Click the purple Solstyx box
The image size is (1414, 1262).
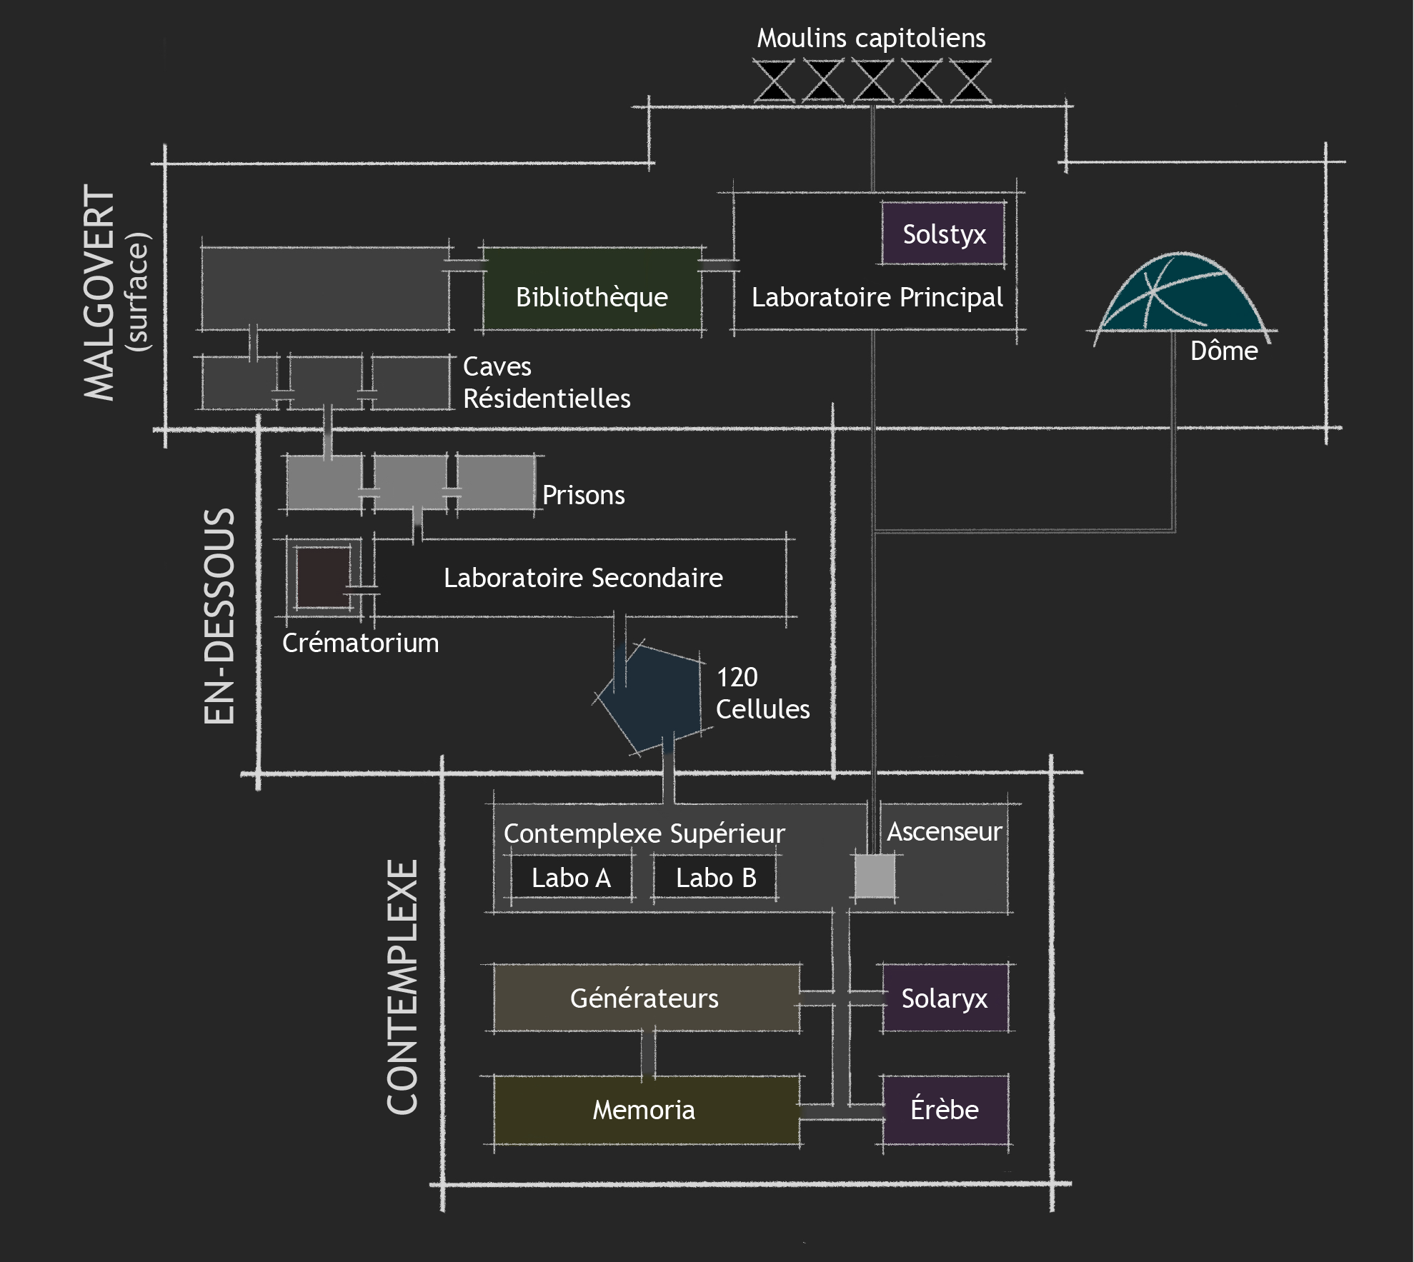pyautogui.click(x=943, y=234)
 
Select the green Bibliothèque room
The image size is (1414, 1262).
pyautogui.click(x=592, y=290)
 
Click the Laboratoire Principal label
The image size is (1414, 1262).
pyautogui.click(x=877, y=297)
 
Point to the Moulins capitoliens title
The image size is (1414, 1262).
pyautogui.click(x=871, y=38)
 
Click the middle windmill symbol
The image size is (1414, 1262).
pyautogui.click(x=872, y=81)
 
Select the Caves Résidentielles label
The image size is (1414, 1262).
pyautogui.click(x=547, y=383)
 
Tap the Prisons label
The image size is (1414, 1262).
pyautogui.click(x=583, y=495)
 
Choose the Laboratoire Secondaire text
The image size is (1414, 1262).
pyautogui.click(x=583, y=578)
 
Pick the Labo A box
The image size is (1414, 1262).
pyautogui.click(x=571, y=878)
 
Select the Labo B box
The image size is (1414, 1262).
pyautogui.click(x=715, y=878)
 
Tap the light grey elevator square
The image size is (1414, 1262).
pyautogui.click(x=875, y=876)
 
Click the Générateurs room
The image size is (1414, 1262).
pyautogui.click(x=644, y=998)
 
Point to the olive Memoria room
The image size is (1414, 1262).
pyautogui.click(x=644, y=1110)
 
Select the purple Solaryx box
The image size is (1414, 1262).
pyautogui.click(x=944, y=998)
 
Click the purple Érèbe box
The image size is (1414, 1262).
pyautogui.click(x=944, y=1110)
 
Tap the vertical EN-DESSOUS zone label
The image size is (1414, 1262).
pyautogui.click(x=219, y=616)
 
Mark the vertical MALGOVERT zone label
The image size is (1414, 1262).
pyautogui.click(x=100, y=293)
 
